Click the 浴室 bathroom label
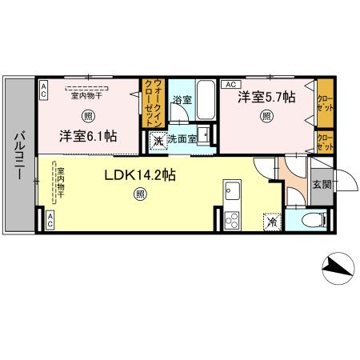(x=180, y=100)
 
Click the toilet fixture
(x=315, y=220)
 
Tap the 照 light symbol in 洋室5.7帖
(x=265, y=115)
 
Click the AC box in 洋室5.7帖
(x=228, y=84)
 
